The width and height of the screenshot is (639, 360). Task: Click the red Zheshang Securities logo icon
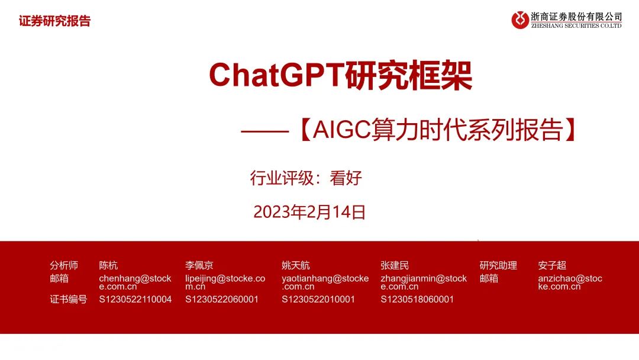521,20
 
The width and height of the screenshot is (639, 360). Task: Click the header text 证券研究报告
54,22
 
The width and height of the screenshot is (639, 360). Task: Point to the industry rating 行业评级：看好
305,178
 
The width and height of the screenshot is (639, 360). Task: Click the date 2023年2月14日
309,212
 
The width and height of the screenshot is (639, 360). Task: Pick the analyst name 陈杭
108,265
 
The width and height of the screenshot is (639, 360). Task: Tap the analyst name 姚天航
296,265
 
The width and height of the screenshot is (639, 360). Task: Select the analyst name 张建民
395,265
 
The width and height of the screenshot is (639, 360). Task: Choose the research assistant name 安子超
552,265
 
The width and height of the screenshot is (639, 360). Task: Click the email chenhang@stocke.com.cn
135,282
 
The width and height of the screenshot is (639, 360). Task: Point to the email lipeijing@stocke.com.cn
225,282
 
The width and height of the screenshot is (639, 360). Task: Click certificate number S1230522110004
135,300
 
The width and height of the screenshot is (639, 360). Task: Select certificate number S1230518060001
417,300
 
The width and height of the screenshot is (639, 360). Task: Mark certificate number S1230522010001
318,300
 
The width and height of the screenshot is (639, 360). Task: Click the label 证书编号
69,300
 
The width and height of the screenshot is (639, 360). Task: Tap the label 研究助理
498,265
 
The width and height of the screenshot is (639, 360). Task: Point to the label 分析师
64,265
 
